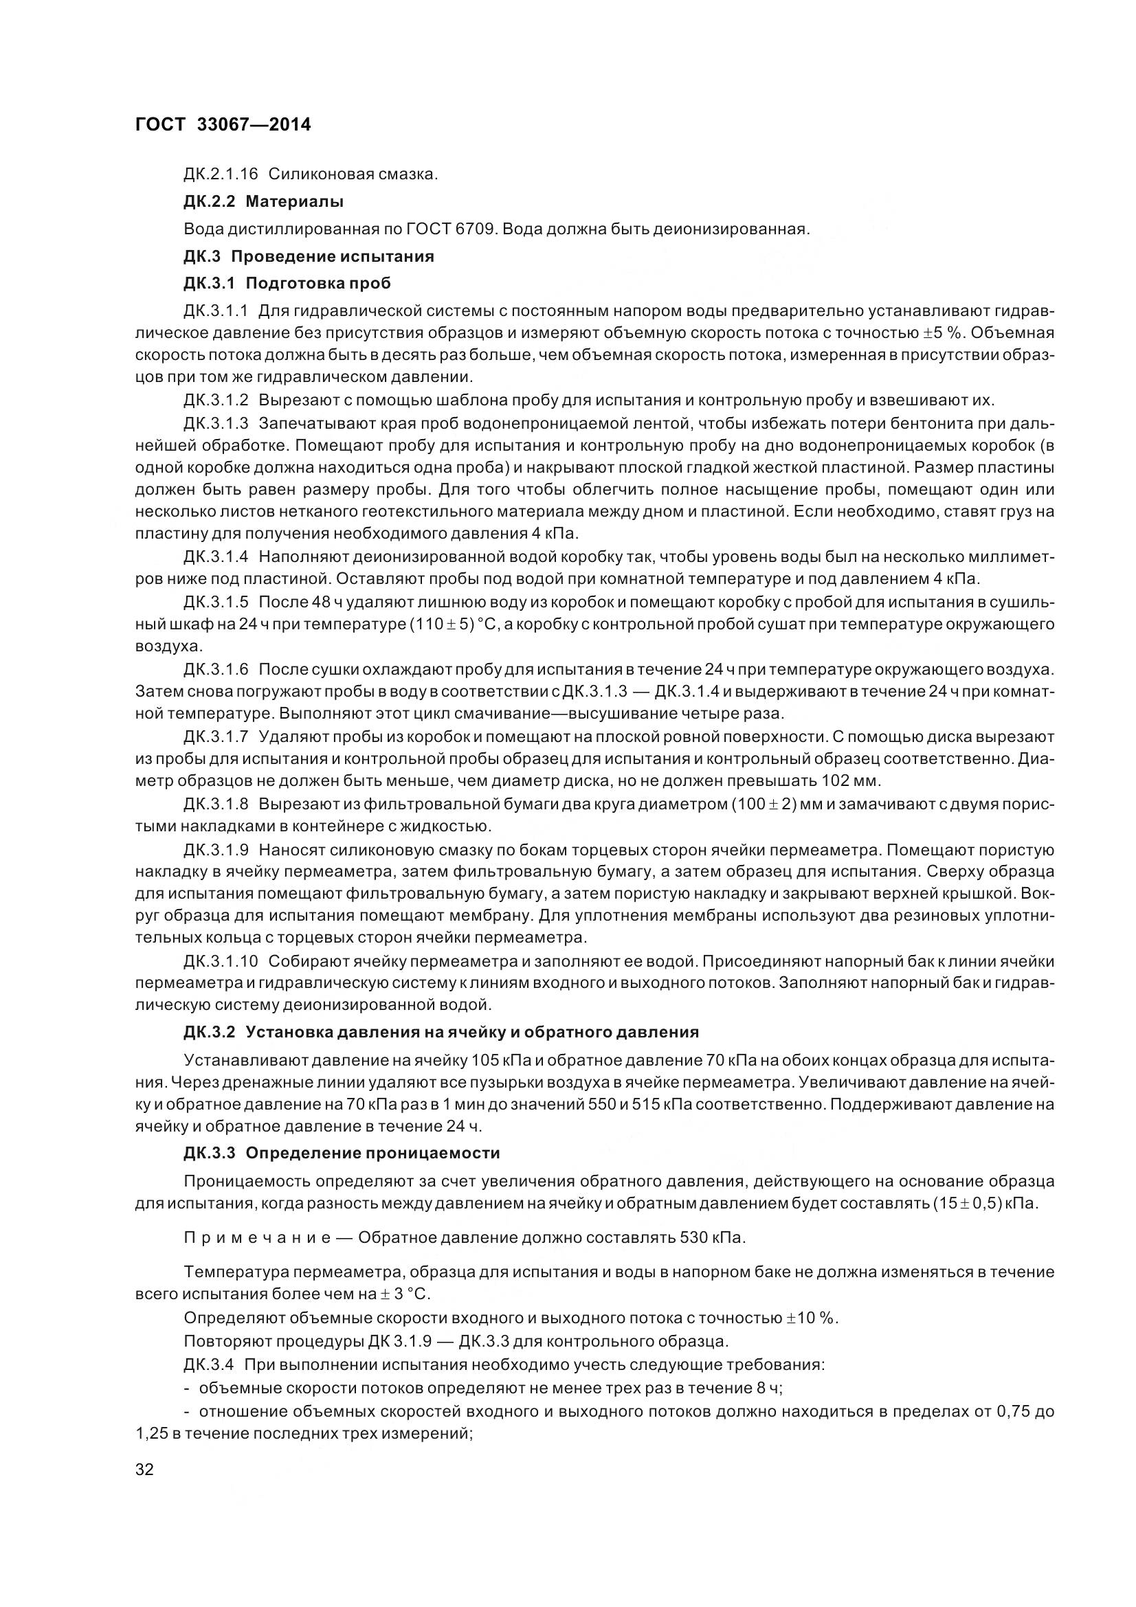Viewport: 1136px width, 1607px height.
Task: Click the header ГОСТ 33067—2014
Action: tap(223, 124)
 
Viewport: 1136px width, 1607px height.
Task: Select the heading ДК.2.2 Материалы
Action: tap(263, 201)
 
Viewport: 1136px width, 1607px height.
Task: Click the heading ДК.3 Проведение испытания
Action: tap(309, 256)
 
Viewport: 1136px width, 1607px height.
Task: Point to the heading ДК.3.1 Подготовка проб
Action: tap(287, 284)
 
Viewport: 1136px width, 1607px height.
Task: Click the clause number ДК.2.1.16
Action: tap(221, 174)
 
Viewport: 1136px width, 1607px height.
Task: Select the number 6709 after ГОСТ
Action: tap(476, 229)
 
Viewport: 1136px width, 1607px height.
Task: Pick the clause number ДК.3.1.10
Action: tap(220, 961)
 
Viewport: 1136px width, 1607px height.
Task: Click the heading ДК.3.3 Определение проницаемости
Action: tap(342, 1153)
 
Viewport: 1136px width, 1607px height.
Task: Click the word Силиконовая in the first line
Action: tap(313, 174)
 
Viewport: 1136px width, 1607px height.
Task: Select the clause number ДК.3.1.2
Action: tap(216, 401)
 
